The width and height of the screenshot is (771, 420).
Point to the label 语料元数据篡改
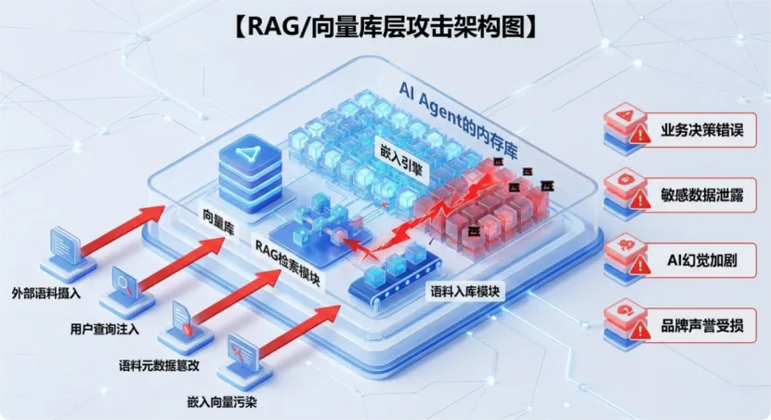160,363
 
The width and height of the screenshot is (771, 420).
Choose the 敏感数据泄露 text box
700,197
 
